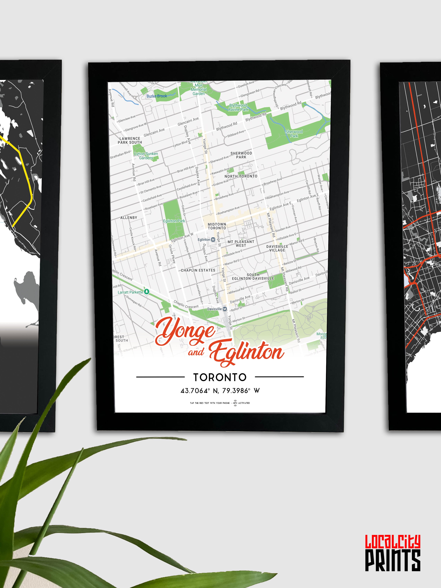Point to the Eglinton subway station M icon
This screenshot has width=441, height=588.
pos(213,239)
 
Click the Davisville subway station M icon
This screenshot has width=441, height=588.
pos(225,309)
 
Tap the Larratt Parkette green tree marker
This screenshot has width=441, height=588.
pos(146,292)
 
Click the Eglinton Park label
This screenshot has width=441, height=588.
pos(174,221)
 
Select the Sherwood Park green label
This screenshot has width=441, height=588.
pos(294,134)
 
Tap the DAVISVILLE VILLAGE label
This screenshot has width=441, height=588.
pos(277,248)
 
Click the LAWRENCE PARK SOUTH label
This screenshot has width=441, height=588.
pos(130,140)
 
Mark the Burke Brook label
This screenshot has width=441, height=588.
pos(157,96)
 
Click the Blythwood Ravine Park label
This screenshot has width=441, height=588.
pos(238,107)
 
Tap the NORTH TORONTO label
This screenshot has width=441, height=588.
pos(241,176)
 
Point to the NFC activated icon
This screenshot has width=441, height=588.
pos(235,403)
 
